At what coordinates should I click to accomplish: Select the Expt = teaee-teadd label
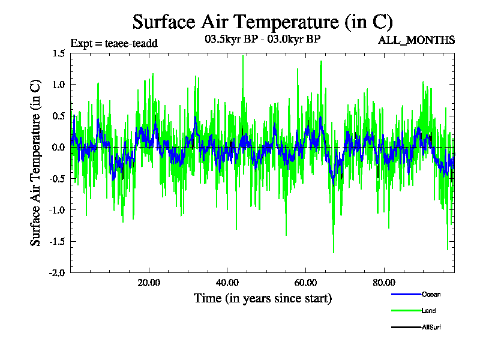pos(114,43)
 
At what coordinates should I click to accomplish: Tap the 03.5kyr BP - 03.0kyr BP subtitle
pos(263,40)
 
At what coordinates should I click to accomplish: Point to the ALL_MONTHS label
pos(416,40)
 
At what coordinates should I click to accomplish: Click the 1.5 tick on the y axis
pos(58,53)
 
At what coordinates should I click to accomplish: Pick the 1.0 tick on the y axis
pos(58,85)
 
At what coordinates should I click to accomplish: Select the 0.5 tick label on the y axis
pos(58,116)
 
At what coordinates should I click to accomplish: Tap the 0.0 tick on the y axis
pos(58,147)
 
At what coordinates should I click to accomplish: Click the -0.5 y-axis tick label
pos(57,178)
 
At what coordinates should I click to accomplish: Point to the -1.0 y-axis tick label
pos(57,209)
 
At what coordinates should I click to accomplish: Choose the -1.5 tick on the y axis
pos(57,241)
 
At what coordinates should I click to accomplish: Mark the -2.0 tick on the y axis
pos(57,272)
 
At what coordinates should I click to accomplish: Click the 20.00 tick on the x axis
pos(148,283)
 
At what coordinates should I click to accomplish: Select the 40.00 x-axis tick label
pos(227,283)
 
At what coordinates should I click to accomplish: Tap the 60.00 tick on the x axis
pos(305,283)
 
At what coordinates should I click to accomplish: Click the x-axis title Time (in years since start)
pos(263,298)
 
